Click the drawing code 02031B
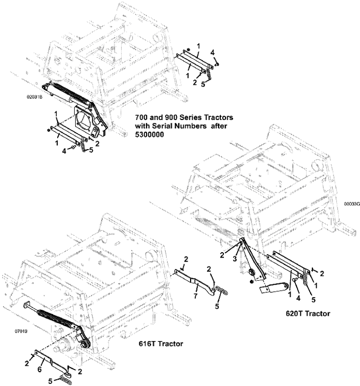34,97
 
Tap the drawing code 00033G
352,204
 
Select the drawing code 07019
21,332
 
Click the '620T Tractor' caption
308,314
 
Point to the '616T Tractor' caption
161,344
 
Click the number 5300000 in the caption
149,135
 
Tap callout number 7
195,296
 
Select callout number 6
40,370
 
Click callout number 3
235,259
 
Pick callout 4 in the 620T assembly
298,298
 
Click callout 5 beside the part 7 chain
217,306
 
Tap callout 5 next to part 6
50,381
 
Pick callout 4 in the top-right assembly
212,52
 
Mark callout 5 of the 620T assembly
313,300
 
